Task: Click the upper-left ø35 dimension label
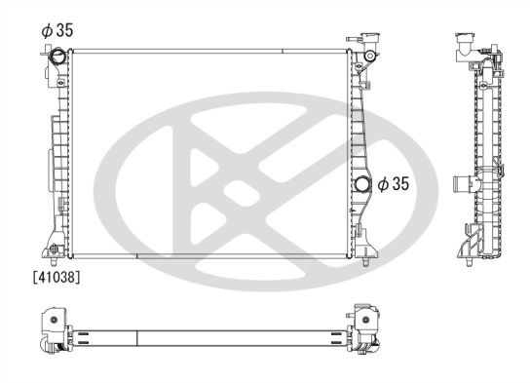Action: coord(57,29)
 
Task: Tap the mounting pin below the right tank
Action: coord(365,261)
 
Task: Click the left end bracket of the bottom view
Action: coord(54,331)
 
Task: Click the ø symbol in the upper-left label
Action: coord(45,29)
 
